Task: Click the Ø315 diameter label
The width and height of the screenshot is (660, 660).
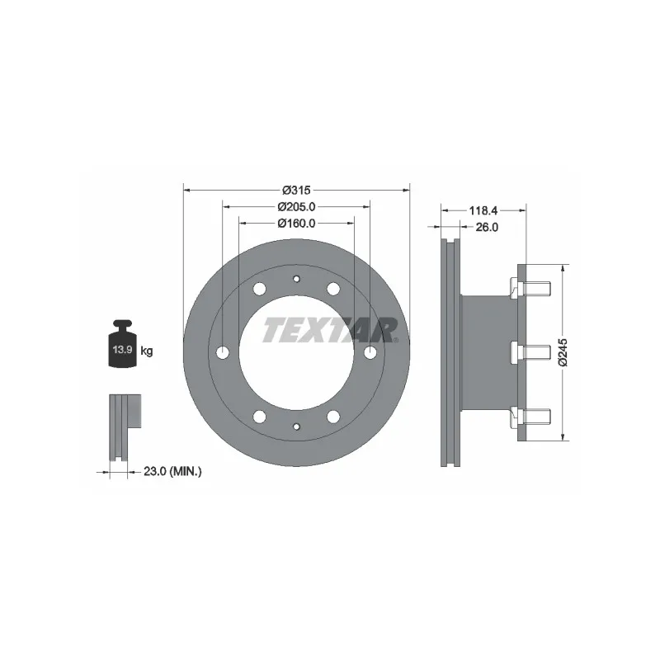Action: [x=295, y=189]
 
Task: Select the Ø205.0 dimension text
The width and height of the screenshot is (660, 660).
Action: [x=296, y=206]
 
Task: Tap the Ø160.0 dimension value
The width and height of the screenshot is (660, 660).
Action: [x=296, y=223]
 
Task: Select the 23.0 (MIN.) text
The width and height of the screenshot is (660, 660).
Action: [x=172, y=471]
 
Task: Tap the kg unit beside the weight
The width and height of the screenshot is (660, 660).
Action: [x=147, y=351]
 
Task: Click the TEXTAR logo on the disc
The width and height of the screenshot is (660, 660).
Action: [x=330, y=330]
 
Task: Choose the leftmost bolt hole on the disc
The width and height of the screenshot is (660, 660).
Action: [x=223, y=352]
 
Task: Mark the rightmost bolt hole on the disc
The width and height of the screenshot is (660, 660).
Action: [x=370, y=352]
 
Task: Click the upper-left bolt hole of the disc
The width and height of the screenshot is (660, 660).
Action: [x=259, y=289]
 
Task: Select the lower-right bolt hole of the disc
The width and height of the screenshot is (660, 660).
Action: [x=333, y=416]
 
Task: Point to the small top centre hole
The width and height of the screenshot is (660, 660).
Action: [x=296, y=280]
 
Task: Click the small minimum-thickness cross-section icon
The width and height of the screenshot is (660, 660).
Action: [x=122, y=427]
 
